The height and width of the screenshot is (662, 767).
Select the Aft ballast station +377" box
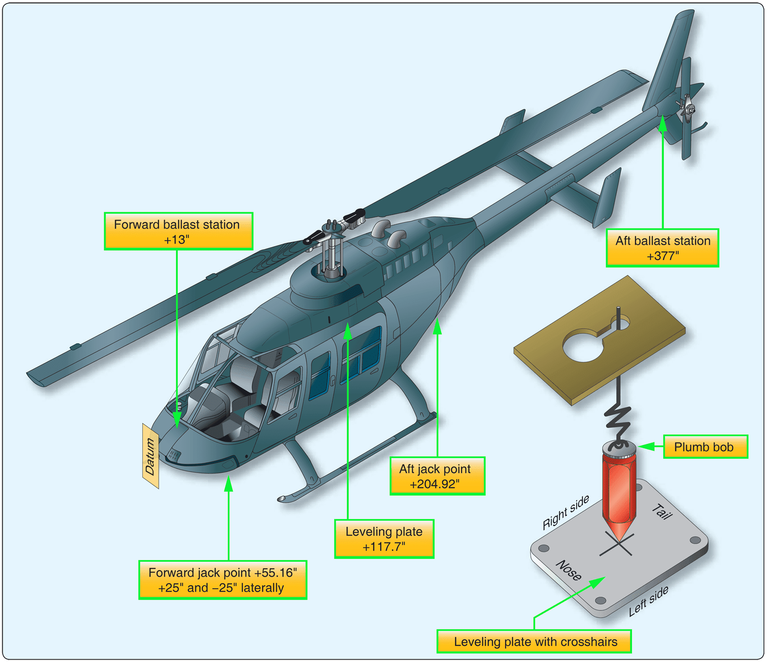662,248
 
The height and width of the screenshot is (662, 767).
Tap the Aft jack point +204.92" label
437,476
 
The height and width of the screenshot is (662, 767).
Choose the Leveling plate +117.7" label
384,539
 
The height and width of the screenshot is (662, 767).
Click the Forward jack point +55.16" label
222,580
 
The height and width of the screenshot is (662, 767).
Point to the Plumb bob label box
705,447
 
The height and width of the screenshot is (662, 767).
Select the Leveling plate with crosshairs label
534,641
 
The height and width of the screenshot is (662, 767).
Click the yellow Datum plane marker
150,456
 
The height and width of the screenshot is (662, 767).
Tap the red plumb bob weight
619,490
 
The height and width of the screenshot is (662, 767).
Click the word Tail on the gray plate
662,512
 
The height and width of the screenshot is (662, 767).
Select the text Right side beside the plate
565,512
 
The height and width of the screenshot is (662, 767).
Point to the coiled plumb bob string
617,422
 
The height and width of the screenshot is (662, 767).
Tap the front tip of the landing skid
282,498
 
